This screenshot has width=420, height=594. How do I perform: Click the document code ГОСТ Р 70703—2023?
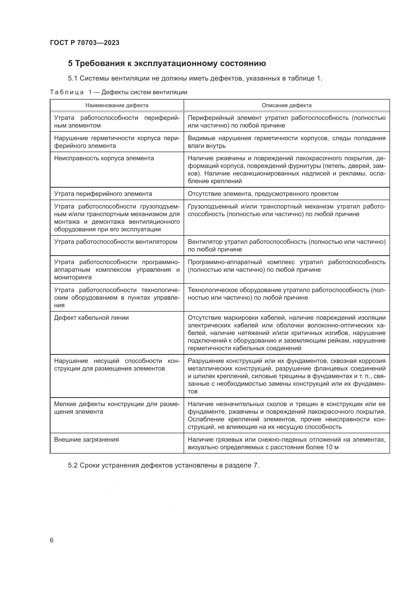(x=85, y=43)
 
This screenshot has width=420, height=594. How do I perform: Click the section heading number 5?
(x=70, y=63)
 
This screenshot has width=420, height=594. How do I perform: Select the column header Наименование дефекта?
(x=117, y=105)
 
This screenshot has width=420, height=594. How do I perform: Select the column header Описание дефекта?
(x=286, y=105)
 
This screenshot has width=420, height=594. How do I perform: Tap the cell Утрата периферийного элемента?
(x=103, y=194)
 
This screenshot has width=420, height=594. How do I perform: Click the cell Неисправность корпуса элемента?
(x=104, y=158)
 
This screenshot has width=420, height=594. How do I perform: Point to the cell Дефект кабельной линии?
(x=91, y=318)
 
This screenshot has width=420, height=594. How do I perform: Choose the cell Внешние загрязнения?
(x=86, y=440)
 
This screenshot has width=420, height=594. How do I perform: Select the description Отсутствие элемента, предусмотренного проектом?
(x=263, y=194)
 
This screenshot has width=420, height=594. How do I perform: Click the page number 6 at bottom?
(x=52, y=540)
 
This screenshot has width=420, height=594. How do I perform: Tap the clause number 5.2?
(x=73, y=465)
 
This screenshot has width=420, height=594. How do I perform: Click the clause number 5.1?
(x=73, y=78)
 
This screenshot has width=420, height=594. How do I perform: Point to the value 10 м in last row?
(x=332, y=447)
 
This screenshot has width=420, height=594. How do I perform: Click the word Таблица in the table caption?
(x=67, y=92)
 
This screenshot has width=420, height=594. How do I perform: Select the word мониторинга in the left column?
(x=73, y=277)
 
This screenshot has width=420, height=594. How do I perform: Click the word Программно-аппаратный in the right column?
(x=225, y=262)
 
